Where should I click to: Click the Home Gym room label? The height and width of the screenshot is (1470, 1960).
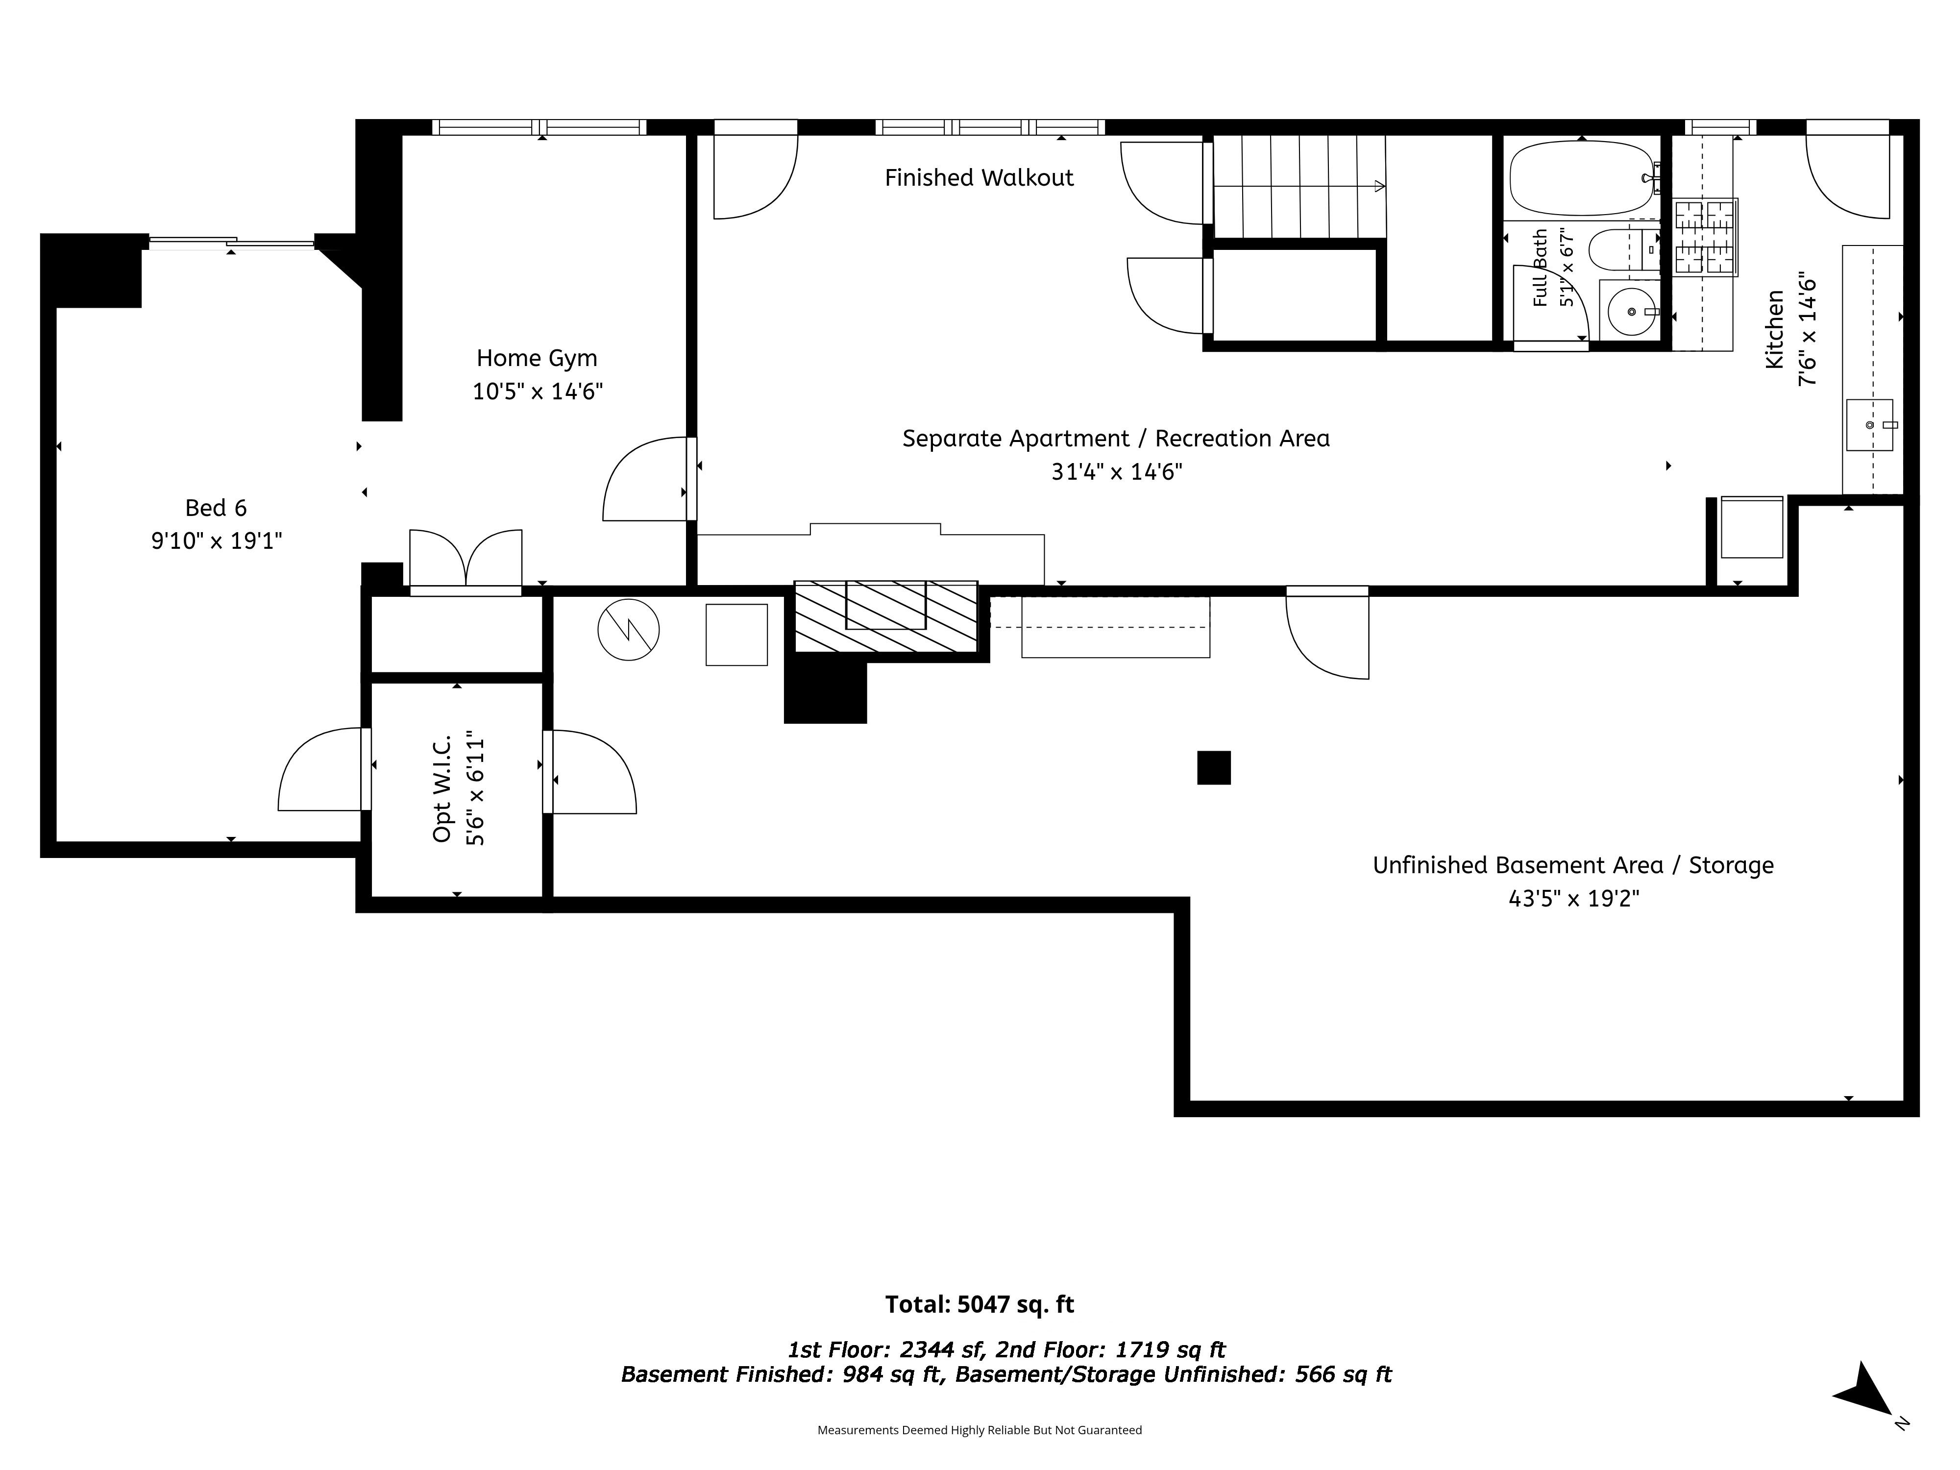click(x=537, y=358)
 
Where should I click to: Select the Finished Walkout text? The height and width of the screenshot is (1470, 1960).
click(x=979, y=178)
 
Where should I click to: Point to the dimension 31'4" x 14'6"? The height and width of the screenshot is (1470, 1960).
click(x=1116, y=471)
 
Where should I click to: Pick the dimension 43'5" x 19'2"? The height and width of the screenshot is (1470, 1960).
click(x=1574, y=899)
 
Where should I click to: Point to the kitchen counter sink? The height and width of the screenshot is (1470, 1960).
click(x=1870, y=425)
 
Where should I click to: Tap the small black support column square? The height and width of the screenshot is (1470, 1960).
click(x=1214, y=767)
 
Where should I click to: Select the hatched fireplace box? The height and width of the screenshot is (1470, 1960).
click(x=886, y=617)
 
